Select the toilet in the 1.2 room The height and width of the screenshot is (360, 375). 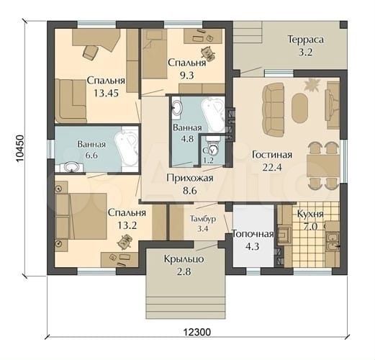[x=212, y=150]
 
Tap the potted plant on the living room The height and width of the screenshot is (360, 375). [x=312, y=86]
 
